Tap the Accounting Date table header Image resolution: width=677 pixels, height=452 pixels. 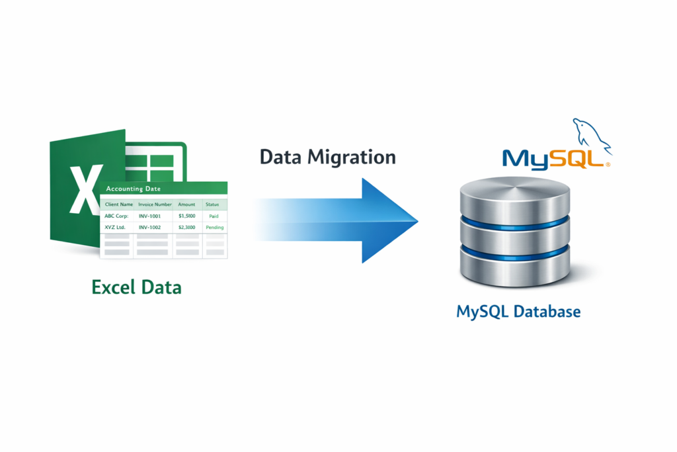[x=139, y=189]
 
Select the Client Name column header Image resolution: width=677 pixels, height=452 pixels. [x=118, y=204]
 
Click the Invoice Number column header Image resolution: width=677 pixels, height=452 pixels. [x=155, y=204]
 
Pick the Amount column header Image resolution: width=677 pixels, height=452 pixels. [x=186, y=204]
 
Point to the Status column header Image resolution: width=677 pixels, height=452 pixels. [x=213, y=204]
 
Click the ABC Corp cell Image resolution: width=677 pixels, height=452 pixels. [x=116, y=216]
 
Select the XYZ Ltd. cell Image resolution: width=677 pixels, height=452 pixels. [x=115, y=227]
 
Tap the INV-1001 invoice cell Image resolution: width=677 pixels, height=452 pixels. [x=151, y=216]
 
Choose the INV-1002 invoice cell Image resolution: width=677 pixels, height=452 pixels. [x=151, y=227]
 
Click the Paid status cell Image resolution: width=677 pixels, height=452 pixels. [x=214, y=216]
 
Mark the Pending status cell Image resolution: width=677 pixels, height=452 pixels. [x=214, y=227]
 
